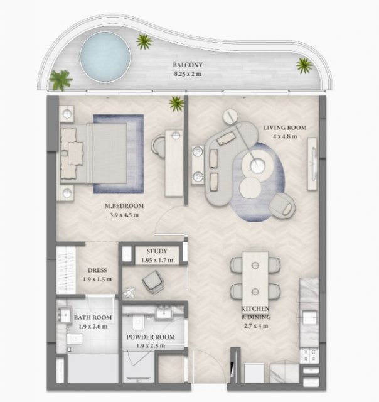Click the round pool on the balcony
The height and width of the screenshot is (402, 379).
point(105,57)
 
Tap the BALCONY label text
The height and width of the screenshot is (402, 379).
point(188,65)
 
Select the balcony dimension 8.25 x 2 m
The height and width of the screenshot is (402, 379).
point(188,74)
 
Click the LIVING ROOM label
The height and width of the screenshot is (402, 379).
point(285,128)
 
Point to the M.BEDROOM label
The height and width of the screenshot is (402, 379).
point(124,205)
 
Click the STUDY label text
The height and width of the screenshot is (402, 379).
point(157,251)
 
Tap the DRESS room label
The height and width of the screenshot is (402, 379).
point(97,270)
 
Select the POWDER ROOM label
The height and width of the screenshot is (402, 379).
point(151,337)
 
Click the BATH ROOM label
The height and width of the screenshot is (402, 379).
point(93,317)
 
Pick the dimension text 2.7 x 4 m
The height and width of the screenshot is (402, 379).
point(256,326)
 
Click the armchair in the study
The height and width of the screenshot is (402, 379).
point(153,282)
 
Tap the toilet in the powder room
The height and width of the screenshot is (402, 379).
point(138,322)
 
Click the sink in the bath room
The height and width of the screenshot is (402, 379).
point(65,313)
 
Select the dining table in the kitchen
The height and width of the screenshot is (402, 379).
point(255,279)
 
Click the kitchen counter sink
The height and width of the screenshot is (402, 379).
point(310,318)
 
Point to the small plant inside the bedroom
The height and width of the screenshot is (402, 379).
point(176,103)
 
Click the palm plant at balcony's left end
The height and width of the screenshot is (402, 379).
point(60,80)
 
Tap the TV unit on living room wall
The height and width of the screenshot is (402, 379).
point(312,164)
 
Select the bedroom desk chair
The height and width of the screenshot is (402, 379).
point(158,146)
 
